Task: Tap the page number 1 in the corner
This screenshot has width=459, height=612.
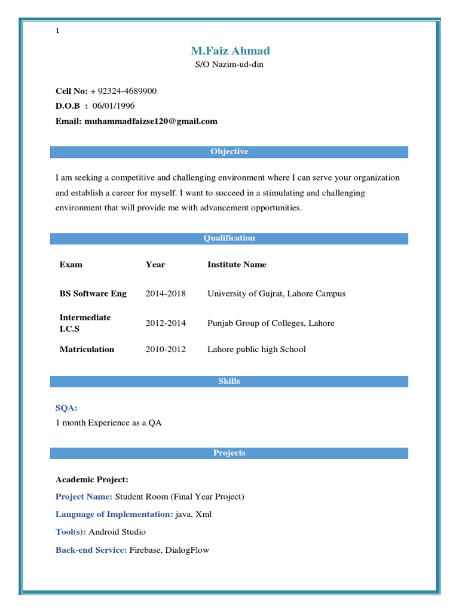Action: [x=57, y=31]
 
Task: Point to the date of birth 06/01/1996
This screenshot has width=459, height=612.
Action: [x=114, y=106]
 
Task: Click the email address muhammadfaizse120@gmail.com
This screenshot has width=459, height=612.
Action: [x=151, y=121]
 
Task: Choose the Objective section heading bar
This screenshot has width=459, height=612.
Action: [x=229, y=152]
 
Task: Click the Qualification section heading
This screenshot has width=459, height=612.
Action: [x=229, y=238]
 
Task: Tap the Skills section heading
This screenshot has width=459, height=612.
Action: [x=229, y=381]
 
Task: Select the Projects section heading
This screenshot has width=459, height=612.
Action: [x=229, y=453]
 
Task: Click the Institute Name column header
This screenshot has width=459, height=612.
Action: [x=237, y=265]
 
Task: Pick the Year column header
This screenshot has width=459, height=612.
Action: [x=155, y=265]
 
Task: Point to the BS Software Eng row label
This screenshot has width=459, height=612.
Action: [x=93, y=294]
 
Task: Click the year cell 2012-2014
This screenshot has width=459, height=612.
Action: [x=166, y=323]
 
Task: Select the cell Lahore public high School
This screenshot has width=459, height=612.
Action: [x=256, y=350]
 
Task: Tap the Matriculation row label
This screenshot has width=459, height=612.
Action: [x=87, y=350]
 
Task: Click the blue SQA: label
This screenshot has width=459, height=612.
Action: [x=66, y=408]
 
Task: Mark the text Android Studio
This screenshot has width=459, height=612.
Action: [x=117, y=532]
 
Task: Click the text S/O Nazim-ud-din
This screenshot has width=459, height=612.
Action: [x=229, y=65]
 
